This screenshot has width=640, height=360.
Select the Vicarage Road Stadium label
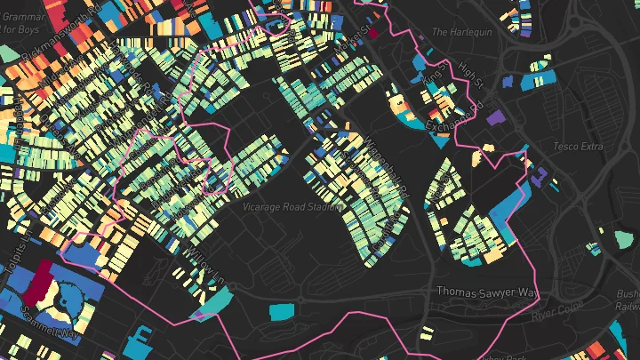(x=292, y=206)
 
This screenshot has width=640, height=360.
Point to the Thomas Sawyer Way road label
(x=487, y=292)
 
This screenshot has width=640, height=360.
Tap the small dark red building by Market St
(x=373, y=33)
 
